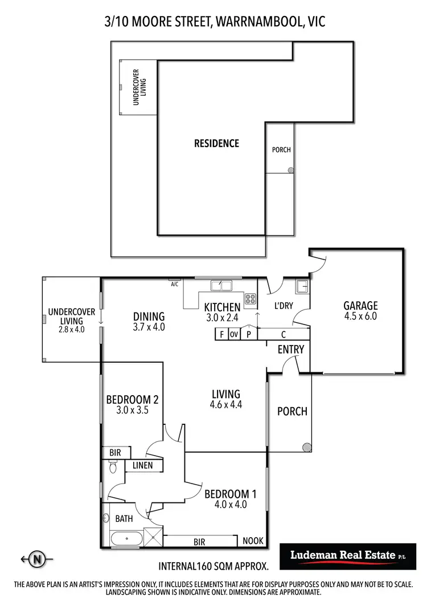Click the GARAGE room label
point(360,306)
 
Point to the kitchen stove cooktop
point(250,298)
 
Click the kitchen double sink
point(219,285)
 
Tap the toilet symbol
point(112,468)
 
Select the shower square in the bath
point(152,538)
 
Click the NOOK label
point(253,541)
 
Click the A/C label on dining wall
point(175,283)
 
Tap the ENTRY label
point(291,349)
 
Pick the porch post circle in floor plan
point(307,448)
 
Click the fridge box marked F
point(221,335)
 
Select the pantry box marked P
point(248,335)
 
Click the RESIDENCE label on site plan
point(216,143)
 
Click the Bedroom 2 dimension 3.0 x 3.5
point(132,409)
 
